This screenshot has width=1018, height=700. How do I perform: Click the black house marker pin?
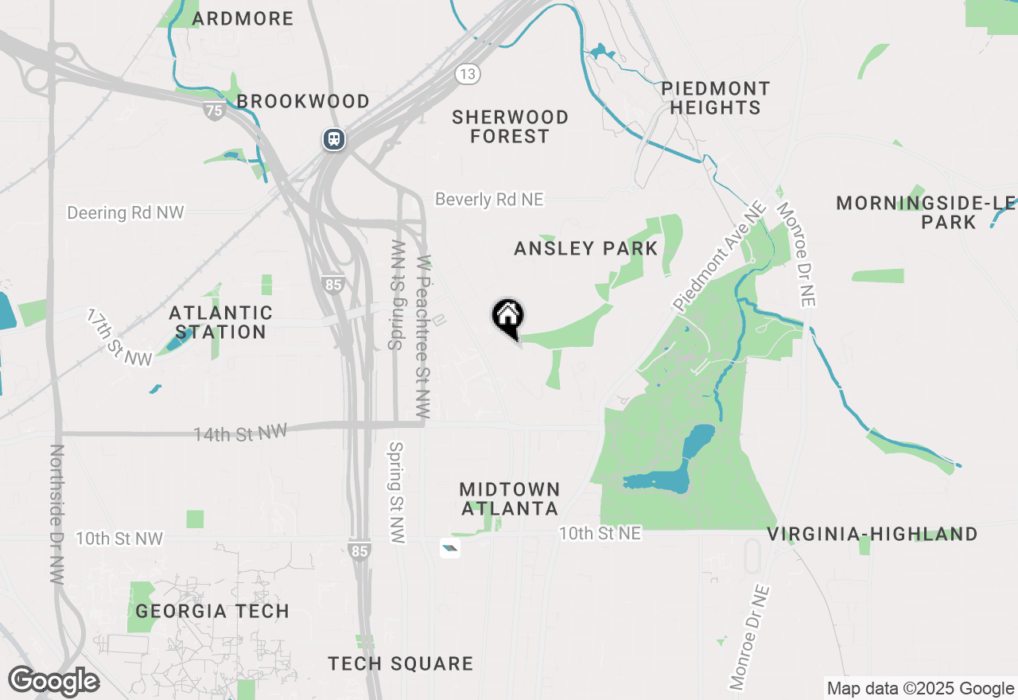[507, 317]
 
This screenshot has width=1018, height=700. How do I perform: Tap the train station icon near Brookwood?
[333, 139]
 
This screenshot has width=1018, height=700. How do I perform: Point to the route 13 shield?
[468, 74]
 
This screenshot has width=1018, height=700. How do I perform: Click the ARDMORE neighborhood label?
[243, 18]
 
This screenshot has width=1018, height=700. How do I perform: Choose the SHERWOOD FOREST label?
[510, 126]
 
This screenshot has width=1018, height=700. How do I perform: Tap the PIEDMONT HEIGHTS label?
[716, 98]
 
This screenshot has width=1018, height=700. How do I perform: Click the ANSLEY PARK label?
[586, 248]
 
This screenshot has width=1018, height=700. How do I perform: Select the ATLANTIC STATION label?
[221, 322]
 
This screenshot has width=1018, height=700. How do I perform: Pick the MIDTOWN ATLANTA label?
[510, 499]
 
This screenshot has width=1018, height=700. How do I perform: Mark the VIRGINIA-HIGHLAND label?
[872, 534]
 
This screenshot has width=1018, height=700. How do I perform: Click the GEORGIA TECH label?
[212, 611]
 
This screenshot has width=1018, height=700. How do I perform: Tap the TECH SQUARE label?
[401, 663]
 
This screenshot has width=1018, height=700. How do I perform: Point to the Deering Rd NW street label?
[126, 212]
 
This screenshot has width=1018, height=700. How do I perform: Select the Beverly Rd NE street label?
[489, 199]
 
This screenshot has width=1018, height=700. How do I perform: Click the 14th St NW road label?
[240, 433]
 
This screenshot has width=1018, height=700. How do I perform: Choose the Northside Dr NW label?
[56, 515]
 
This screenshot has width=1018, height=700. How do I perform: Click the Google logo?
[54, 682]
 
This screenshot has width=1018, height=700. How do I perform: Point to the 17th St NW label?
[119, 337]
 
